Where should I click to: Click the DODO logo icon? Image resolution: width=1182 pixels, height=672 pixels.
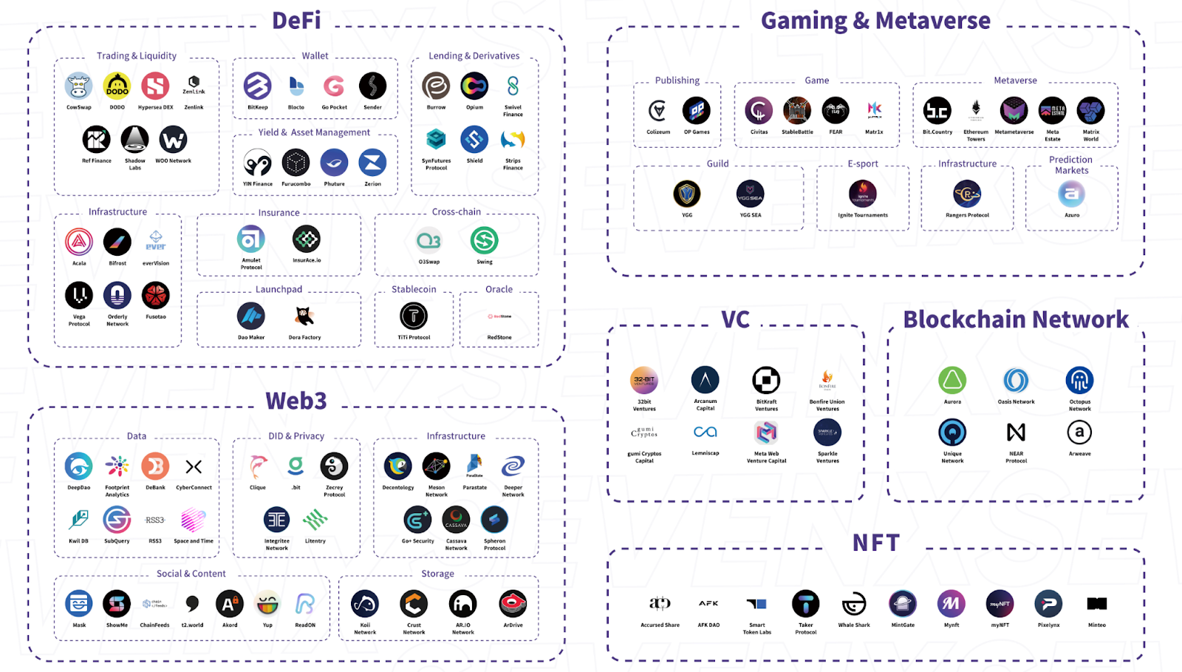117,86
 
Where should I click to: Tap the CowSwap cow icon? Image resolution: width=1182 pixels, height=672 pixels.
78,86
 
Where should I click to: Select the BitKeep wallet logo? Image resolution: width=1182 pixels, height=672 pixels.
257,86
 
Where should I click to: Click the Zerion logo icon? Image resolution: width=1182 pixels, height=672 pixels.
372,163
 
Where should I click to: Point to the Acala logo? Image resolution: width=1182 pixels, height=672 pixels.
79,242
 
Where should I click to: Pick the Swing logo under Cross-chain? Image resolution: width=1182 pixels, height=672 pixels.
484,240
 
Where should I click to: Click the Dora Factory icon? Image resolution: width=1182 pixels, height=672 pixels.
304,316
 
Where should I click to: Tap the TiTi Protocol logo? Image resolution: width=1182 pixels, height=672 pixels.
414,316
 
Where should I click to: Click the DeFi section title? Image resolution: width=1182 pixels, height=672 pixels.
296,20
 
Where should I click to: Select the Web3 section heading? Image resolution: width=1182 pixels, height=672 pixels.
296,401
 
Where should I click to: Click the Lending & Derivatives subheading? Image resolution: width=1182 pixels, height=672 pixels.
474,55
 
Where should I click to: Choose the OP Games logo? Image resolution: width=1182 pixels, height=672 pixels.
696,111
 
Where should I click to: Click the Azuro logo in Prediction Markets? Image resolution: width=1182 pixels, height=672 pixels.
1071,194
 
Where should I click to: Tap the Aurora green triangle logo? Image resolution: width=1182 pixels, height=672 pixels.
952,381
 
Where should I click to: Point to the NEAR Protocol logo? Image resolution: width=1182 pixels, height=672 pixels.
1016,432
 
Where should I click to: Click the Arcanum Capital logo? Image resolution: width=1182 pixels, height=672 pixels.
705,380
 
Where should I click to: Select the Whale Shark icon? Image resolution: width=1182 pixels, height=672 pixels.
854,604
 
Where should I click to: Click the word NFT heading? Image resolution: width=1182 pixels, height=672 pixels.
876,543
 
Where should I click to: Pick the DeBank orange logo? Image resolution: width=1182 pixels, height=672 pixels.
155,466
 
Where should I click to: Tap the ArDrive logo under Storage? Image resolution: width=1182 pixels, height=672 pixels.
513,604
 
